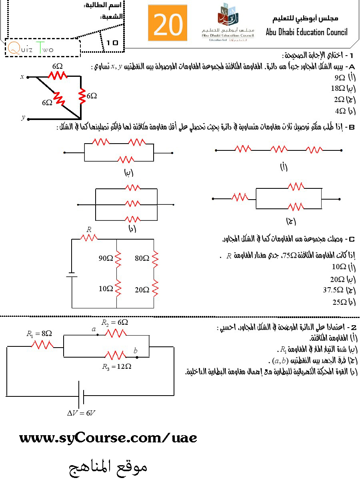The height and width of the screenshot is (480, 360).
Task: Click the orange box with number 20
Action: (168, 23)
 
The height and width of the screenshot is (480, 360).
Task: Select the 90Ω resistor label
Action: (106, 258)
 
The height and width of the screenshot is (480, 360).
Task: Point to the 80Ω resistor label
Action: (142, 258)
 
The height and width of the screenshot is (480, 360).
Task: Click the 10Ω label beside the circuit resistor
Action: (106, 288)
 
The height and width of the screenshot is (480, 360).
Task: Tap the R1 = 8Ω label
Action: (39, 333)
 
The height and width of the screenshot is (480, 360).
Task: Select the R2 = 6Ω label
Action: (114, 322)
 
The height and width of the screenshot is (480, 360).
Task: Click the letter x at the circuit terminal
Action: (22, 77)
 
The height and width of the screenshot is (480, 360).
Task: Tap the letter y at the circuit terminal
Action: (23, 118)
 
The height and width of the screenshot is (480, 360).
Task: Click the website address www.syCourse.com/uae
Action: (108, 438)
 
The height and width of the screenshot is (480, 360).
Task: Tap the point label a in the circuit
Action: (94, 329)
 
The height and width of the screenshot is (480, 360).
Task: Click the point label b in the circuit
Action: (135, 351)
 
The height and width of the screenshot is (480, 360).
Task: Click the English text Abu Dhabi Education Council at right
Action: (306, 32)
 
